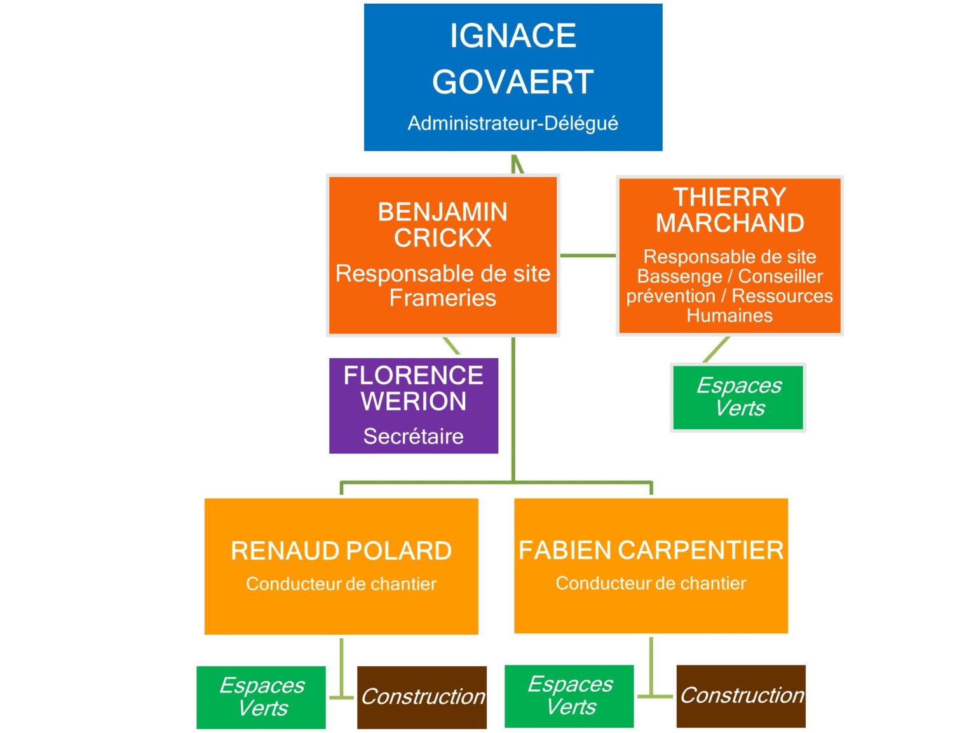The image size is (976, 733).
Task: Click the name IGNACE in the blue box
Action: pyautogui.click(x=513, y=36)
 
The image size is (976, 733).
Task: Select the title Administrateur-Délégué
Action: pyautogui.click(x=513, y=123)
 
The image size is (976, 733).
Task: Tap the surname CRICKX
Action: pyautogui.click(x=442, y=238)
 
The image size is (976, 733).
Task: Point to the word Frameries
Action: pyautogui.click(x=442, y=297)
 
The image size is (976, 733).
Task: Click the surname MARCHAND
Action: pyautogui.click(x=729, y=223)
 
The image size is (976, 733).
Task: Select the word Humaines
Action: pyautogui.click(x=729, y=315)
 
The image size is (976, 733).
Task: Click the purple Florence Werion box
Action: pyautogui.click(x=413, y=405)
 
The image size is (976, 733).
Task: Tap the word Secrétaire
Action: pyautogui.click(x=413, y=436)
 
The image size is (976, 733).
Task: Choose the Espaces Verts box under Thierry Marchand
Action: pyautogui.click(x=738, y=397)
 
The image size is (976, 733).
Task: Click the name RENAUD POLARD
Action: pyautogui.click(x=341, y=551)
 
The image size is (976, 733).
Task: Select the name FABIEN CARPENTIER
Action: pyautogui.click(x=651, y=550)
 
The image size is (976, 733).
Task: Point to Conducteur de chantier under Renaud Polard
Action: pyautogui.click(x=341, y=584)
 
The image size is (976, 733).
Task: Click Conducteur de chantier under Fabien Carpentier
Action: pyautogui.click(x=651, y=583)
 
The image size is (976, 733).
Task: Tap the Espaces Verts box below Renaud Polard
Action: pyautogui.click(x=261, y=697)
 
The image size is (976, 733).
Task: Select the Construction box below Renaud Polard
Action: pyautogui.click(x=422, y=697)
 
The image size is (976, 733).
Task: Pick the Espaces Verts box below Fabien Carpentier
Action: pyautogui.click(x=569, y=696)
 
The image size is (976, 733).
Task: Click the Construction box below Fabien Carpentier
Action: pyautogui.click(x=741, y=696)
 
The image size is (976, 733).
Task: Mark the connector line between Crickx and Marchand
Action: pyautogui.click(x=588, y=255)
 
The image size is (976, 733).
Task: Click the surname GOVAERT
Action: pyautogui.click(x=513, y=82)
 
